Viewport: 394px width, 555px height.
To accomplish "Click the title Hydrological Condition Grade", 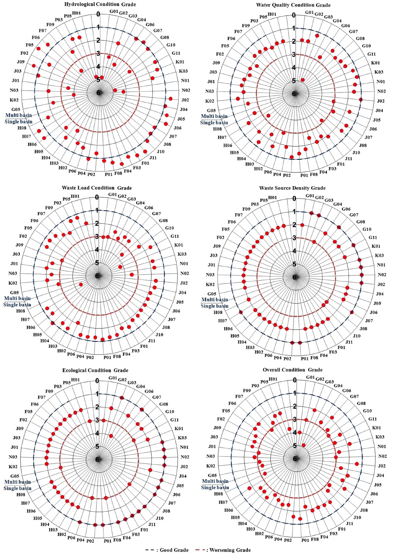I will coord(100,4).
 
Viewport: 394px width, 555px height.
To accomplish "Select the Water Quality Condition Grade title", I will coord(293,5).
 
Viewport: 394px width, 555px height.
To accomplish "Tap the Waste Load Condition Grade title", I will coord(97,188).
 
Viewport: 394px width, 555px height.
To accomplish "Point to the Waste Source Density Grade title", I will coord(292,188).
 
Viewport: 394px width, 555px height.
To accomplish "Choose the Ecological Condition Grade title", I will coord(95,370).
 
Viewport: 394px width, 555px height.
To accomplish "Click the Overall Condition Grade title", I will coord(293,370).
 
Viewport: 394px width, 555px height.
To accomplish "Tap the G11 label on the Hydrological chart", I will coord(176,53).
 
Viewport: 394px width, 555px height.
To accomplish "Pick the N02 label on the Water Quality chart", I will coord(382,91).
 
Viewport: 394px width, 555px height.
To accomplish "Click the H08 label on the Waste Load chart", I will coord(21,311).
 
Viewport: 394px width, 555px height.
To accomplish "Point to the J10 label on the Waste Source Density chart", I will coord(357,336).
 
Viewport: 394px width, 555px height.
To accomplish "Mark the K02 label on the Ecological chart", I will coord(13,467).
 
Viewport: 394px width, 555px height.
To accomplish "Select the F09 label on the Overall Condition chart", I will coord(247,391).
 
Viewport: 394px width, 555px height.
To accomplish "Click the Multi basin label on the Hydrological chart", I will coord(18,115).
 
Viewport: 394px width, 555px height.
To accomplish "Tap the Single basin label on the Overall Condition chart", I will coord(215,488).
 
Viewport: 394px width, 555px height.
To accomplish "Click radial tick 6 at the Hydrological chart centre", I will coord(98,93).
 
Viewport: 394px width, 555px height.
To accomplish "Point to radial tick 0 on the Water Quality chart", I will coord(294,15).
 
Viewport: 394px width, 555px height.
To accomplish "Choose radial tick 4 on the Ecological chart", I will coord(97,433).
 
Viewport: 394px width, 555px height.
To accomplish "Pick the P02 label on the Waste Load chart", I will coord(90,357).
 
